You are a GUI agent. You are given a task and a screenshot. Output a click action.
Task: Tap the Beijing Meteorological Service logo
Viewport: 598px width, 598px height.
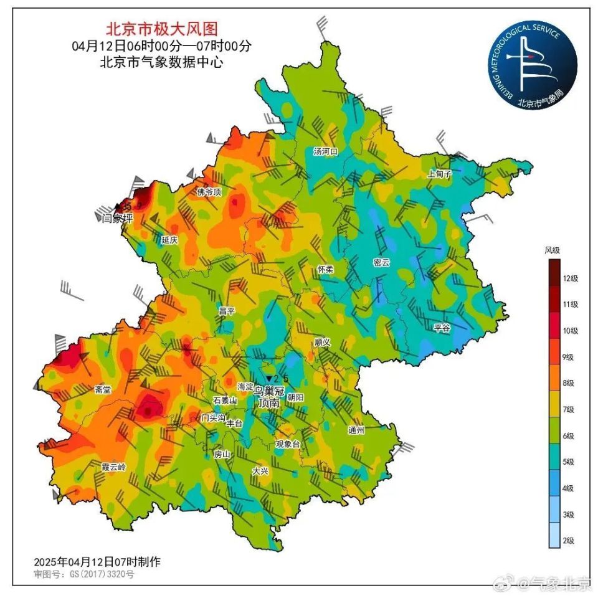point(532,64)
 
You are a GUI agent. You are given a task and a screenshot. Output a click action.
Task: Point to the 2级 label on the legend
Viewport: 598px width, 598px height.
point(569,541)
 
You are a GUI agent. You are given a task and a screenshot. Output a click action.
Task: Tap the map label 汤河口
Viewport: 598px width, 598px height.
point(325,151)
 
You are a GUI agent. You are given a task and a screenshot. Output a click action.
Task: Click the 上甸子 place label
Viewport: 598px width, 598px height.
point(439,174)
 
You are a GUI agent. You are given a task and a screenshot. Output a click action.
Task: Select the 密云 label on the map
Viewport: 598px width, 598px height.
point(381,263)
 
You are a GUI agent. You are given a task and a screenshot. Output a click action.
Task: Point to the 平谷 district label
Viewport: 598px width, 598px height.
point(442,328)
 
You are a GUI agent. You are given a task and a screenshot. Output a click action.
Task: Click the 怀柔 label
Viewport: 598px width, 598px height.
point(325,269)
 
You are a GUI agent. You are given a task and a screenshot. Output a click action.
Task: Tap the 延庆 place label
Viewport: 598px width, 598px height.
point(169,240)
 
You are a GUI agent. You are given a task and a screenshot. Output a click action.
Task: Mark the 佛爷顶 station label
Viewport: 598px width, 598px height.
point(209,192)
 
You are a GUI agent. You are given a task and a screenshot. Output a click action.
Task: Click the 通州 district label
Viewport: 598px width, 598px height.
point(356,430)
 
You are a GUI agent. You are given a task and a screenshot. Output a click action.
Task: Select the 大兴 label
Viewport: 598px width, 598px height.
point(260,471)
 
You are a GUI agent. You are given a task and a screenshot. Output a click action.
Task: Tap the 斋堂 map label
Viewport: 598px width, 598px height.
point(103,390)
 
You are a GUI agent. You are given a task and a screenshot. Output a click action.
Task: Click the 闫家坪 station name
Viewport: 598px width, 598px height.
point(118,218)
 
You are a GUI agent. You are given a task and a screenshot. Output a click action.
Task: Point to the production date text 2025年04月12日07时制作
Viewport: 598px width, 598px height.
point(97,561)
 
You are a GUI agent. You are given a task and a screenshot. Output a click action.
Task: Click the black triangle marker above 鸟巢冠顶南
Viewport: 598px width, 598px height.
point(269,379)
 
